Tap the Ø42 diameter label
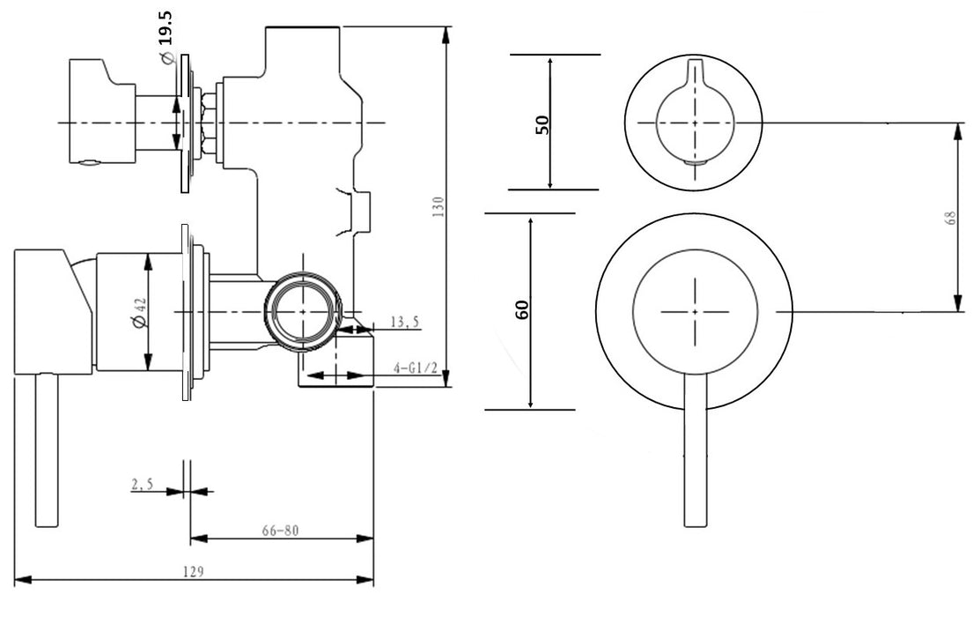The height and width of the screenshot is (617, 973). point(141,312)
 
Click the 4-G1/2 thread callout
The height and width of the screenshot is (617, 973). point(416,368)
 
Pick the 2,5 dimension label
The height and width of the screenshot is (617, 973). point(143,483)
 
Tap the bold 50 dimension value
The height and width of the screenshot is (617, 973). point(543,123)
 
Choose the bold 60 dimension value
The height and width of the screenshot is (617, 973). point(522,309)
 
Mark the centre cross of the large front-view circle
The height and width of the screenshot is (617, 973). point(695,311)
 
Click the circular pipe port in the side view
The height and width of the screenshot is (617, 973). point(302,312)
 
